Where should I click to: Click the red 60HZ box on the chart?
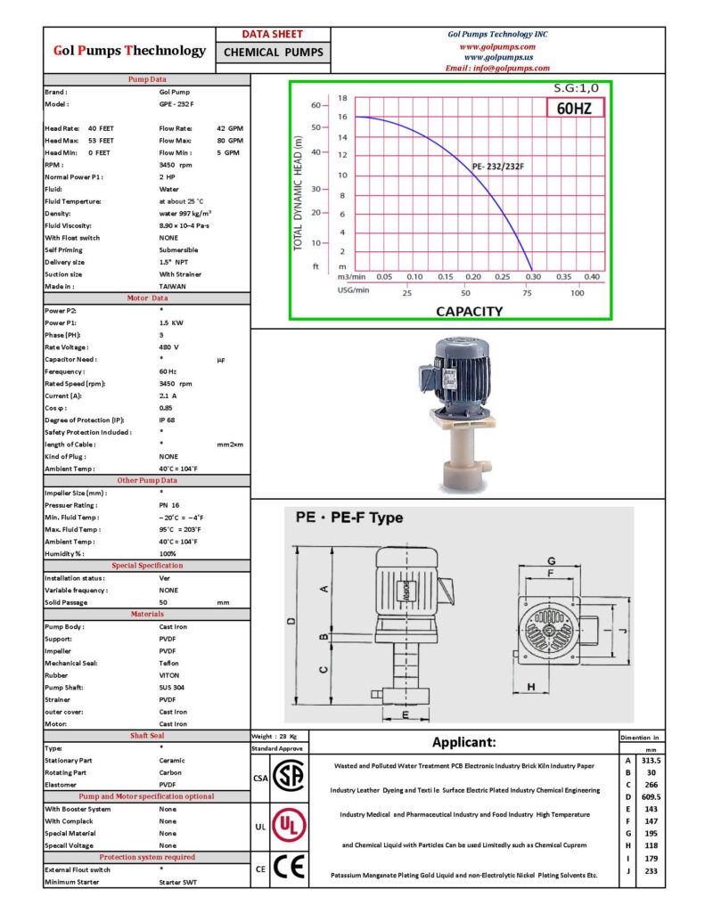[574, 108]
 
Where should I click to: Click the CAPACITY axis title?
[469, 311]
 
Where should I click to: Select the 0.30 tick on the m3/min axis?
[532, 277]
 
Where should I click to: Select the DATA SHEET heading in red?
[273, 34]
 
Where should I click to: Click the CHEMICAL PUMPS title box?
[273, 53]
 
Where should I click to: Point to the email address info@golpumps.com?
[497, 68]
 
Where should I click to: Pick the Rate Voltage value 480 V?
[169, 347]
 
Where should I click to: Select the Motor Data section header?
[147, 298]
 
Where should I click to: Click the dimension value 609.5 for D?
[651, 797]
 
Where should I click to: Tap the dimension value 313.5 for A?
[651, 760]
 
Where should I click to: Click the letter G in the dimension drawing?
[552, 560]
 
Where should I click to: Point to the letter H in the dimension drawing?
[531, 687]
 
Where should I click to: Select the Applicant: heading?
[463, 742]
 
